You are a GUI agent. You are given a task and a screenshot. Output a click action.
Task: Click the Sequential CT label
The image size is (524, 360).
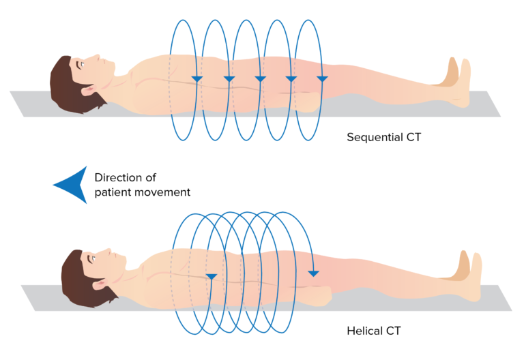383,136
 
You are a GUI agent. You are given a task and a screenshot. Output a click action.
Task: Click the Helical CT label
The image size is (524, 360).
374,331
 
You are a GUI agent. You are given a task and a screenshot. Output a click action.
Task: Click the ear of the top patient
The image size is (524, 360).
89,90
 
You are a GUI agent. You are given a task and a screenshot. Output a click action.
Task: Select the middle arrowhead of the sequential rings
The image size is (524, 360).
259,80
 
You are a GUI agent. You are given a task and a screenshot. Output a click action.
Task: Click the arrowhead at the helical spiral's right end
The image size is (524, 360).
312,273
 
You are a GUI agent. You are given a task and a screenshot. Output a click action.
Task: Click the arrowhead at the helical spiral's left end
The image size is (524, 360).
212,276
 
